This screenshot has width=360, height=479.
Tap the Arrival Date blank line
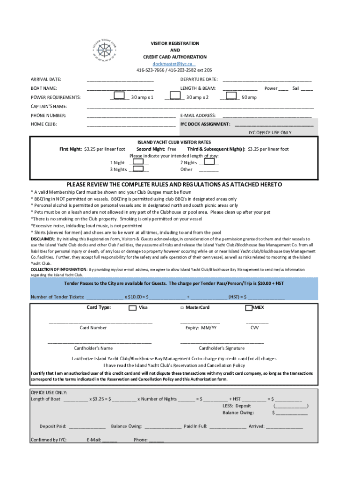pos(120,80)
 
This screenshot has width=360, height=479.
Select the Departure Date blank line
pos(266,80)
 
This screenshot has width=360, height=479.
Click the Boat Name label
pos(44,88)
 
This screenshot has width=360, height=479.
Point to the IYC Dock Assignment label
pos(205,124)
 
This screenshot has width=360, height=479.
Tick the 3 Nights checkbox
pos(138,169)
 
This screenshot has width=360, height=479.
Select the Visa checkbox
pos(133,308)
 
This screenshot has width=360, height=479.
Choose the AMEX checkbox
pos(249,308)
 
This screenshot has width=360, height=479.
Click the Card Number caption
pos(93,328)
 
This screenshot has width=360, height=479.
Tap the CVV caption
pos(254,328)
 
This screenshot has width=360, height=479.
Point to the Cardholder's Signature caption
pos(221,348)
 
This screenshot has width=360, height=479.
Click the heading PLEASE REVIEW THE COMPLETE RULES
pos(174,185)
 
